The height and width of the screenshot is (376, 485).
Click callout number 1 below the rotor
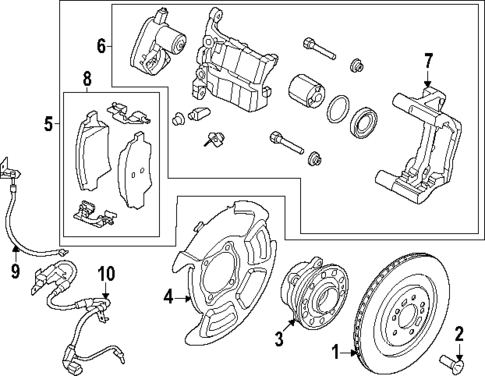[x=337, y=351]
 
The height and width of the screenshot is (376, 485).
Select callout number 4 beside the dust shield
[x=169, y=295]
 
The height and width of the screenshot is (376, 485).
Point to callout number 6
[x=101, y=46]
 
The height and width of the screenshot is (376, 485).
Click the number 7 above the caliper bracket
[x=428, y=61]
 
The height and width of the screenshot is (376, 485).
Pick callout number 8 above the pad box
[x=87, y=78]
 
